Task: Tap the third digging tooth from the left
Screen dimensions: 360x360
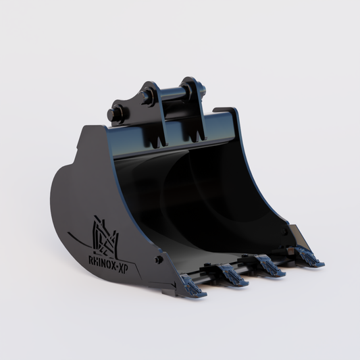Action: click(x=270, y=266)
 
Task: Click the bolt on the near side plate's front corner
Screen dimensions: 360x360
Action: click(x=159, y=259)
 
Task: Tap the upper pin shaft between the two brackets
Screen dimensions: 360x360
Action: click(x=169, y=95)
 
